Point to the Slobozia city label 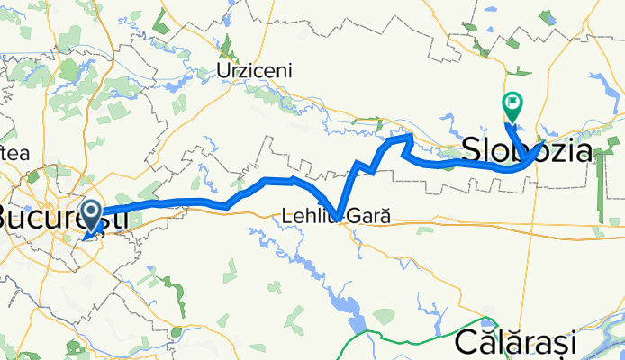(x=528, y=151)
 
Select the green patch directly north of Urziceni (x=228, y=43)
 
